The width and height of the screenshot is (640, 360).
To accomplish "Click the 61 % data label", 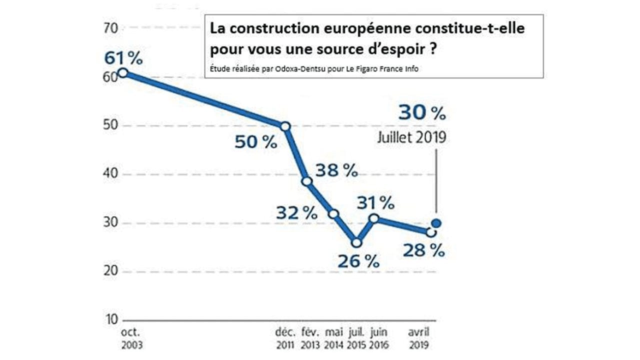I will coord(123,58).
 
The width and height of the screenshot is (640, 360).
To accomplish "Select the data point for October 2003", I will coord(122,73).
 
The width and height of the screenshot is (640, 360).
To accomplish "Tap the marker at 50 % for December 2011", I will coord(285,126).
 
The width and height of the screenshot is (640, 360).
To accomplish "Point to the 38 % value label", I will coord(337,170).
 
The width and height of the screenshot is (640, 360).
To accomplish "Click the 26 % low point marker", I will coord(356,243).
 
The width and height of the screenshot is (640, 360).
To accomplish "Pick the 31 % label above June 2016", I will coord(375,202).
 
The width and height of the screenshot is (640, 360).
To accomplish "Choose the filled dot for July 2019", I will coord(436,223).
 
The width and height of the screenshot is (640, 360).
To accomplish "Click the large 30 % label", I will coord(422,113).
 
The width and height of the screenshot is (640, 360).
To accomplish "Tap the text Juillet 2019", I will coord(411,137).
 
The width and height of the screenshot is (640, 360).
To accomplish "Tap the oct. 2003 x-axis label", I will coord(131,338).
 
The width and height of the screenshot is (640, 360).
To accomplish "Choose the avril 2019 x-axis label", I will coord(419,338).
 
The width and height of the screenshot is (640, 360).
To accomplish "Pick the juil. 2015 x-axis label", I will coord(356,338).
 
